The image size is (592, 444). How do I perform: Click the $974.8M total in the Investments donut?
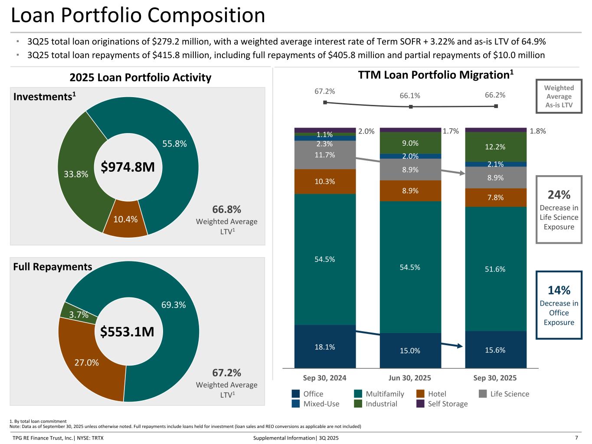coord(128,166)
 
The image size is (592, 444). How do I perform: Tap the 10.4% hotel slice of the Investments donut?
coord(125,219)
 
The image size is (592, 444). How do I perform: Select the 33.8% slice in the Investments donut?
coord(76,174)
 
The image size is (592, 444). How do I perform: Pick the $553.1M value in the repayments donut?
coord(127,332)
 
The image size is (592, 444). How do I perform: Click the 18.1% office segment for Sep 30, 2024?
coord(325,346)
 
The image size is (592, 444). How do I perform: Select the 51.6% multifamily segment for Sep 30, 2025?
coord(495,269)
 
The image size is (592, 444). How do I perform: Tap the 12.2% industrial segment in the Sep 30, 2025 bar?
coord(495,147)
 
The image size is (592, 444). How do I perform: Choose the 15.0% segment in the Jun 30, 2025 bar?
coord(410,350)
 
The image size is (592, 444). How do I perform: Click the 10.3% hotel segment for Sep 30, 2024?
coord(325,181)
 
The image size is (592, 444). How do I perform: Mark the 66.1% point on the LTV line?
coord(410,107)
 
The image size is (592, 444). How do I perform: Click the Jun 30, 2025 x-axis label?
coord(410,378)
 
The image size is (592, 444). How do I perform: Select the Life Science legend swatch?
coord(483,394)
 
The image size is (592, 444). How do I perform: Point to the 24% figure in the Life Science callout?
coord(559,194)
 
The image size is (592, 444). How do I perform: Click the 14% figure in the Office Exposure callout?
coord(559,290)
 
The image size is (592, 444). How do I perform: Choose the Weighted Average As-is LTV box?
coord(559,96)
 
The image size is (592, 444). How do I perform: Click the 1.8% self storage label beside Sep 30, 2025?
coord(538,131)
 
